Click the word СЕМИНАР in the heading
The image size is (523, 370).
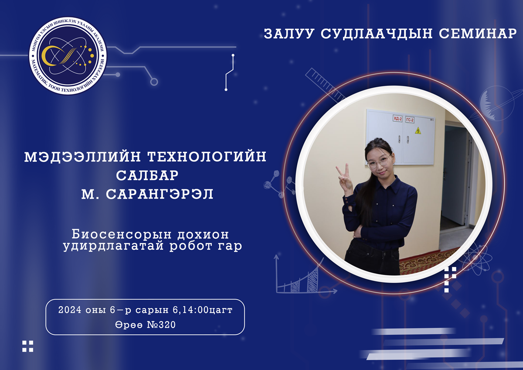(x=478, y=34)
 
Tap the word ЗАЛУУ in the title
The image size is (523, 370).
(x=289, y=34)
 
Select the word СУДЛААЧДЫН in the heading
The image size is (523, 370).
(x=377, y=34)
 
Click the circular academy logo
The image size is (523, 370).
(x=68, y=55)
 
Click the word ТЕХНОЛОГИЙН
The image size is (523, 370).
(x=207, y=156)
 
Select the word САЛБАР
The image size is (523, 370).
(x=147, y=175)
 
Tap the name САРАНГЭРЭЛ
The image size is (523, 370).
(x=160, y=194)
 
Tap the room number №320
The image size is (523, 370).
(x=161, y=325)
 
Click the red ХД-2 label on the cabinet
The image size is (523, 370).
(x=397, y=119)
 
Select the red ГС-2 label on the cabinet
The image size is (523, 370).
(x=410, y=120)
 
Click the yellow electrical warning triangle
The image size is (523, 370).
(x=418, y=130)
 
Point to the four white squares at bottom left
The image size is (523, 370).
(x=27, y=346)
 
